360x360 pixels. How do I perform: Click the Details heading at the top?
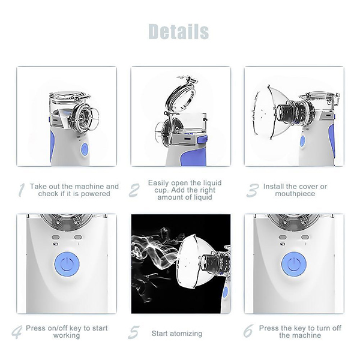click(179, 31)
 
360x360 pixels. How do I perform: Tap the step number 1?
click(21, 190)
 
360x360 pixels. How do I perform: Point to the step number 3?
click(252, 190)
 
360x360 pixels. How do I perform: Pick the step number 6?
click(248, 332)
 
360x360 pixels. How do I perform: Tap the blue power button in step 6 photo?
click(293, 264)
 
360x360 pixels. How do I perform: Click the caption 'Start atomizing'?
click(176, 334)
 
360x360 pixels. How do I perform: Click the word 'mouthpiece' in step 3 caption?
click(295, 194)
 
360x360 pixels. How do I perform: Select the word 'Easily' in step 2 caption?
click(159, 182)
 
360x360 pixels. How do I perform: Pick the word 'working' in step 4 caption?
click(66, 335)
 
